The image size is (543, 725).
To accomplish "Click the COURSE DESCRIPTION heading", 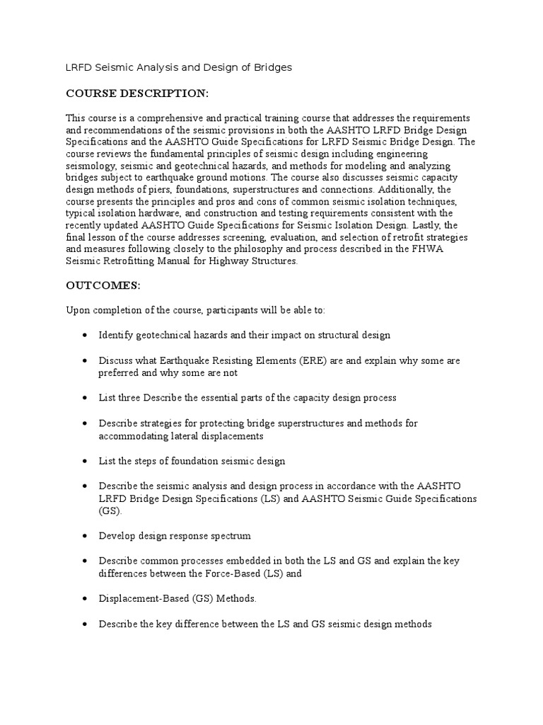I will (137, 93).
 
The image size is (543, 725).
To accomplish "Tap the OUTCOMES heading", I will (103, 285).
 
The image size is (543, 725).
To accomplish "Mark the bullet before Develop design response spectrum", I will (85, 536).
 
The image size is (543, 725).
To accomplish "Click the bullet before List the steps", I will (85, 461).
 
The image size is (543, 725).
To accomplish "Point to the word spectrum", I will (230, 536).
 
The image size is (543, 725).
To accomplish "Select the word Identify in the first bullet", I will (115, 335).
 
